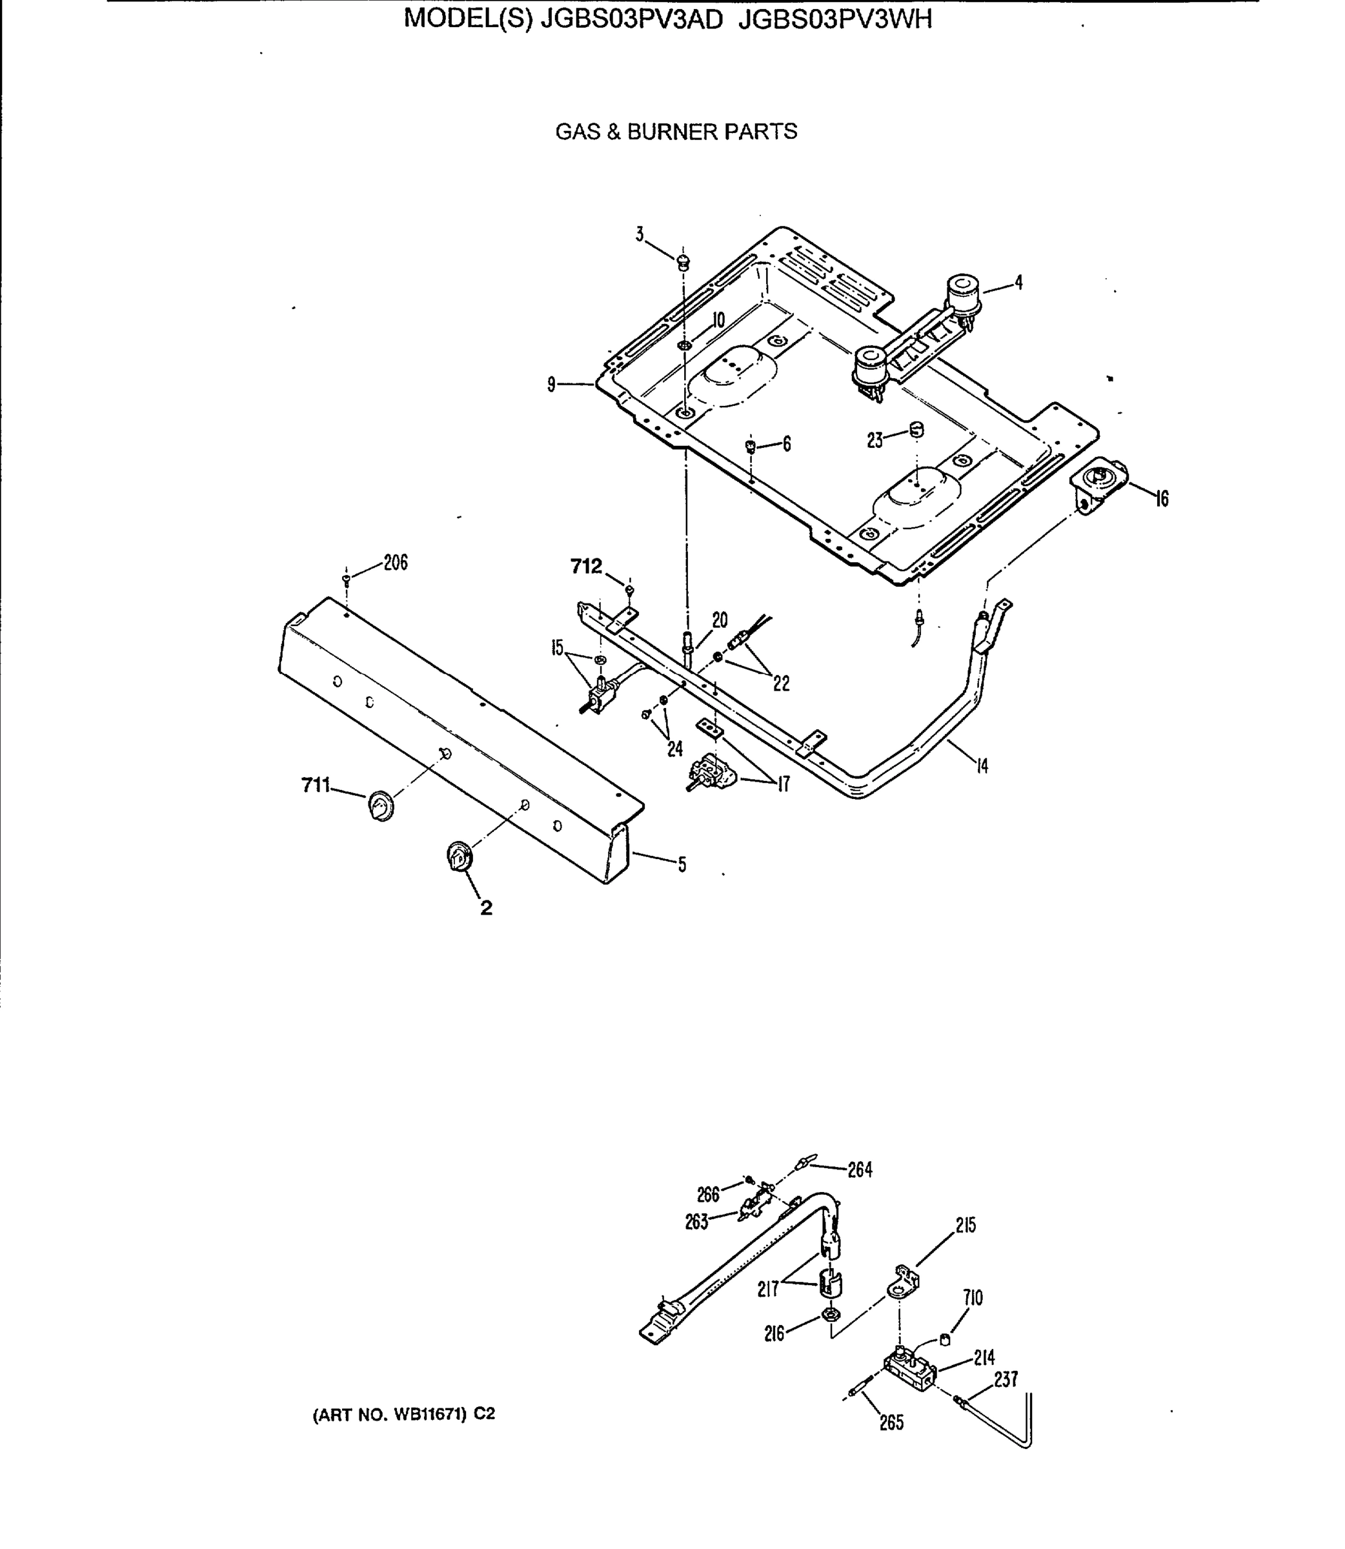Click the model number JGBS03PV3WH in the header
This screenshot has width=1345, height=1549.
(834, 19)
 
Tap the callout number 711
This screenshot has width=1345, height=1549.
(315, 785)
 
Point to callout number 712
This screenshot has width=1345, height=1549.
(586, 567)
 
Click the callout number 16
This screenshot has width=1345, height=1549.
(1161, 498)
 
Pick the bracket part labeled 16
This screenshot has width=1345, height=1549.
(1098, 481)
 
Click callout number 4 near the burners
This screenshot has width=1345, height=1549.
(1018, 283)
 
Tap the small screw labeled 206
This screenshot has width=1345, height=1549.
(346, 578)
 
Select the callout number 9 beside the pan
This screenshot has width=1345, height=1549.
(552, 385)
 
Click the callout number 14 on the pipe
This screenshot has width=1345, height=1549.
(982, 765)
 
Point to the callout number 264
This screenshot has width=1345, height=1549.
(860, 1170)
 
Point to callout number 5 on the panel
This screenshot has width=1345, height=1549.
(682, 865)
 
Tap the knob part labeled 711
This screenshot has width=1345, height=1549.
(381, 806)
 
